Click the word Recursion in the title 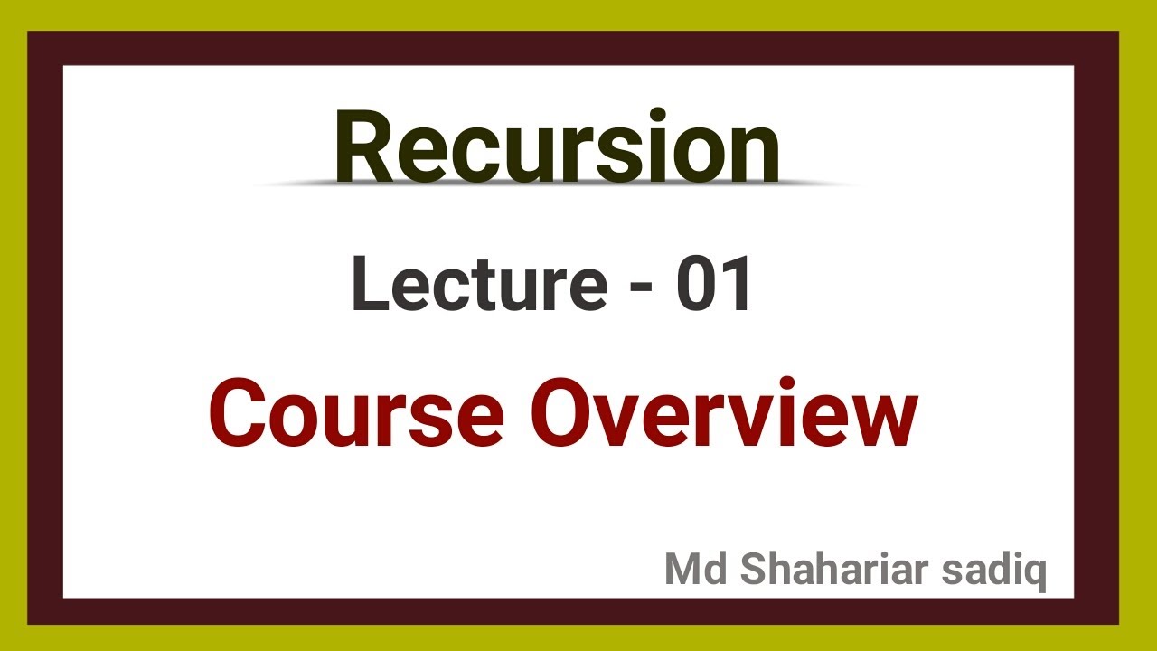(x=557, y=147)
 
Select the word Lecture (x=478, y=285)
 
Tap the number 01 (x=714, y=285)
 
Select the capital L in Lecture (x=367, y=285)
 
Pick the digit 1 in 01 (x=737, y=285)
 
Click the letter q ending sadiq (x=1035, y=575)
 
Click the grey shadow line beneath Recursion (x=557, y=184)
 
